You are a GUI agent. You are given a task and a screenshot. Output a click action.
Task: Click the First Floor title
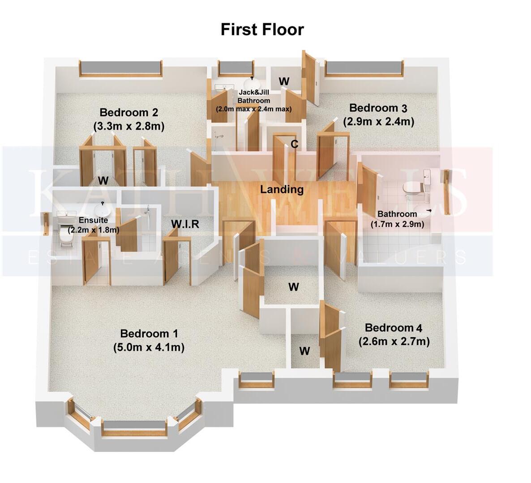262,30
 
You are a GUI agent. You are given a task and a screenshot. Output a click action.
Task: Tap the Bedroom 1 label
149,334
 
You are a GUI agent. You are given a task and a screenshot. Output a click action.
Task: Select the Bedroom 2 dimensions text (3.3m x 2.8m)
129,127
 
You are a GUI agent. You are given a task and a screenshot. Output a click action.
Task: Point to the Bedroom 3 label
378,108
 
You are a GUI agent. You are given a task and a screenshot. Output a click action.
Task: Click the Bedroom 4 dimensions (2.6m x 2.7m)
394,342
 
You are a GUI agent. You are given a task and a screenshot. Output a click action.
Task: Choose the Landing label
282,189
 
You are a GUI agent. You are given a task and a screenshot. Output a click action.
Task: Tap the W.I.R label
185,224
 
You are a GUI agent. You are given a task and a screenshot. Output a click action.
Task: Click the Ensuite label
93,220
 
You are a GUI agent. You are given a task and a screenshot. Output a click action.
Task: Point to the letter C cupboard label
294,144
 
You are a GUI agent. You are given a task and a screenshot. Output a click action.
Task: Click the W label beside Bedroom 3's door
284,81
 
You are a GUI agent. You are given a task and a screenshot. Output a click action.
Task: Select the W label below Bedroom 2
103,181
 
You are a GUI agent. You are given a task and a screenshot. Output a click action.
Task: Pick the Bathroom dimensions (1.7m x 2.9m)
397,224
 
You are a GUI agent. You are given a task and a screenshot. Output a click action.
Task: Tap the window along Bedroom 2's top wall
120,68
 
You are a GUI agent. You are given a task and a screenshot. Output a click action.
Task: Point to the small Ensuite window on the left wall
46,224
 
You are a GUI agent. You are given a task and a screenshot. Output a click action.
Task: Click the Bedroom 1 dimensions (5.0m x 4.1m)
149,347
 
